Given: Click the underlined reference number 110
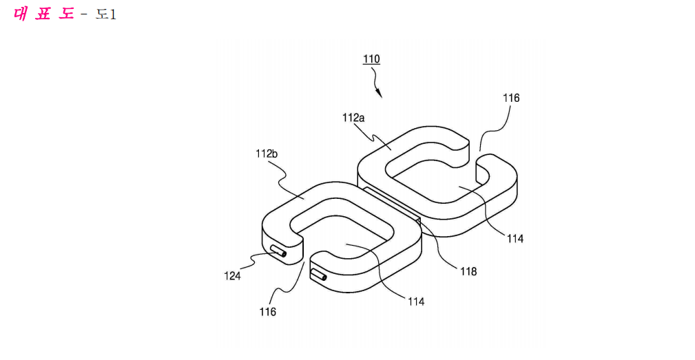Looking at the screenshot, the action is click(x=371, y=59).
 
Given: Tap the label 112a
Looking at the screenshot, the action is click(x=353, y=118).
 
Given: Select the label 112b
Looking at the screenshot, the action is click(x=267, y=153).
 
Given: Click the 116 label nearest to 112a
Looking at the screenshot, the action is click(x=511, y=98).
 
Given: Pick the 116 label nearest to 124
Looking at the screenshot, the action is click(x=268, y=312).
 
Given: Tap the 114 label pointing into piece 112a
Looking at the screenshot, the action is click(x=515, y=239).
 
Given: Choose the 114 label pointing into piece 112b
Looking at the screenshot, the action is click(x=416, y=301).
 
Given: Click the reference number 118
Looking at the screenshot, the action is click(x=468, y=271).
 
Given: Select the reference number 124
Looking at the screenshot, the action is click(x=232, y=276).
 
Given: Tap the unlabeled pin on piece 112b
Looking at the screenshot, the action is click(x=319, y=275).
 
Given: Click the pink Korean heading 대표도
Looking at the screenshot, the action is click(x=43, y=14).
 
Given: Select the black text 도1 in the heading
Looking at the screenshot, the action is click(x=106, y=14).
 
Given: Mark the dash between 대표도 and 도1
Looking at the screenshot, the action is click(x=84, y=15).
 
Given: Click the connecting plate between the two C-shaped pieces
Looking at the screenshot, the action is click(x=392, y=205).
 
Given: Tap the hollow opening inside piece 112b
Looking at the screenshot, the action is click(x=341, y=236).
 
